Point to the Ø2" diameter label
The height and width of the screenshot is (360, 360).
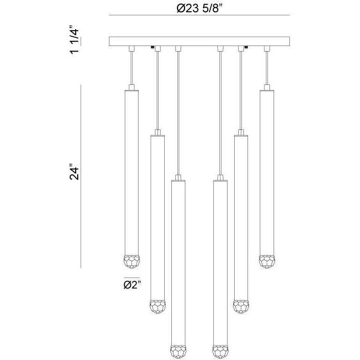[x=132, y=285]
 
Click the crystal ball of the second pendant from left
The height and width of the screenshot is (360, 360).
[x=157, y=307]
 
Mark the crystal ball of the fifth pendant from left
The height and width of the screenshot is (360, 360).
[x=241, y=306]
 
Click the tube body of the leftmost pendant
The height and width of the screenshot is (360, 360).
[x=132, y=169]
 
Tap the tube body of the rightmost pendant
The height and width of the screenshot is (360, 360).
[x=266, y=169]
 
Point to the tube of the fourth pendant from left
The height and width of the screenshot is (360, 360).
[x=221, y=261]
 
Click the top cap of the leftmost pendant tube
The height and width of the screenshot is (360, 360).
[x=132, y=88]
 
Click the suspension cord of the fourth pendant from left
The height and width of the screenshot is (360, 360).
[x=220, y=112]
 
